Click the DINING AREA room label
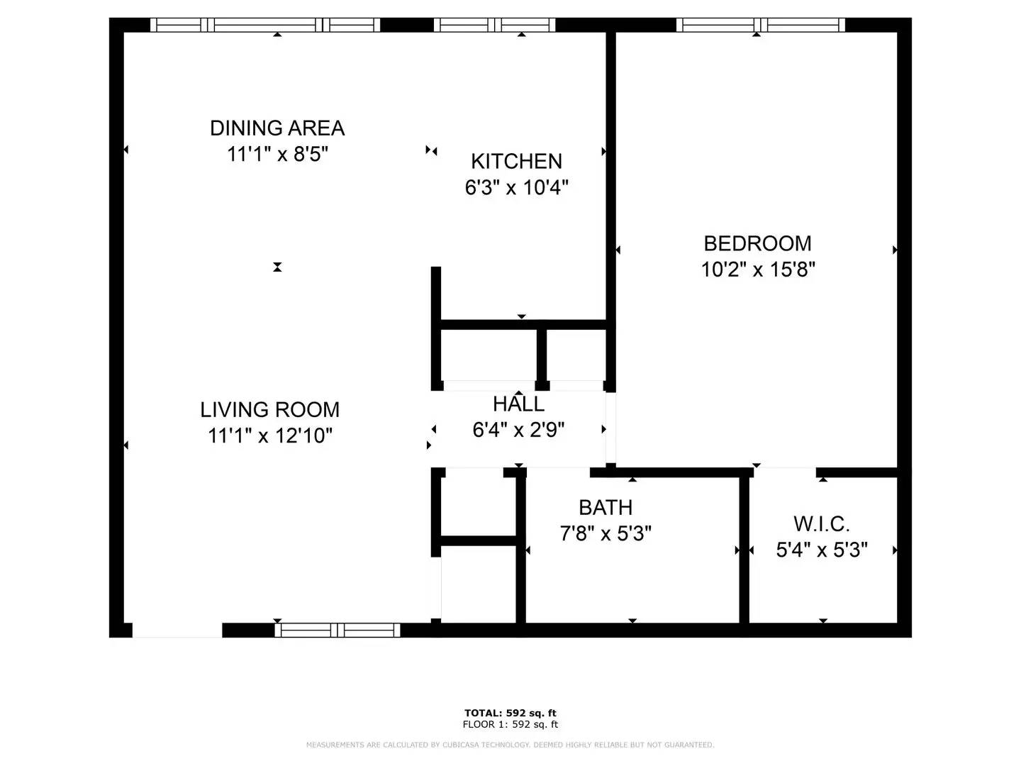point(277,128)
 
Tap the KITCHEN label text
point(516,162)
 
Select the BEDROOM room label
point(757,243)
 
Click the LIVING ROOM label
point(269,410)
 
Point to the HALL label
point(518,404)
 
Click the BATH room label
point(606,508)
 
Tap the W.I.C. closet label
point(821,524)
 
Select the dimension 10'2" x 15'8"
point(758,270)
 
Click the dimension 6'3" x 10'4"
point(516,188)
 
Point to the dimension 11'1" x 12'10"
point(269,435)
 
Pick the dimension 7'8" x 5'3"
point(606,533)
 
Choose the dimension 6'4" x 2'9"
point(518,430)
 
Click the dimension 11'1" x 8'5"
point(277,154)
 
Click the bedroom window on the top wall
point(761,26)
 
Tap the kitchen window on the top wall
point(494,26)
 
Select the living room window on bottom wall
point(337,630)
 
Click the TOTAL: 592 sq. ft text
point(510,713)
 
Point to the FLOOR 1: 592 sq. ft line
point(510,724)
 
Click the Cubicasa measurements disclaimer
point(510,745)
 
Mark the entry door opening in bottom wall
point(177,630)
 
